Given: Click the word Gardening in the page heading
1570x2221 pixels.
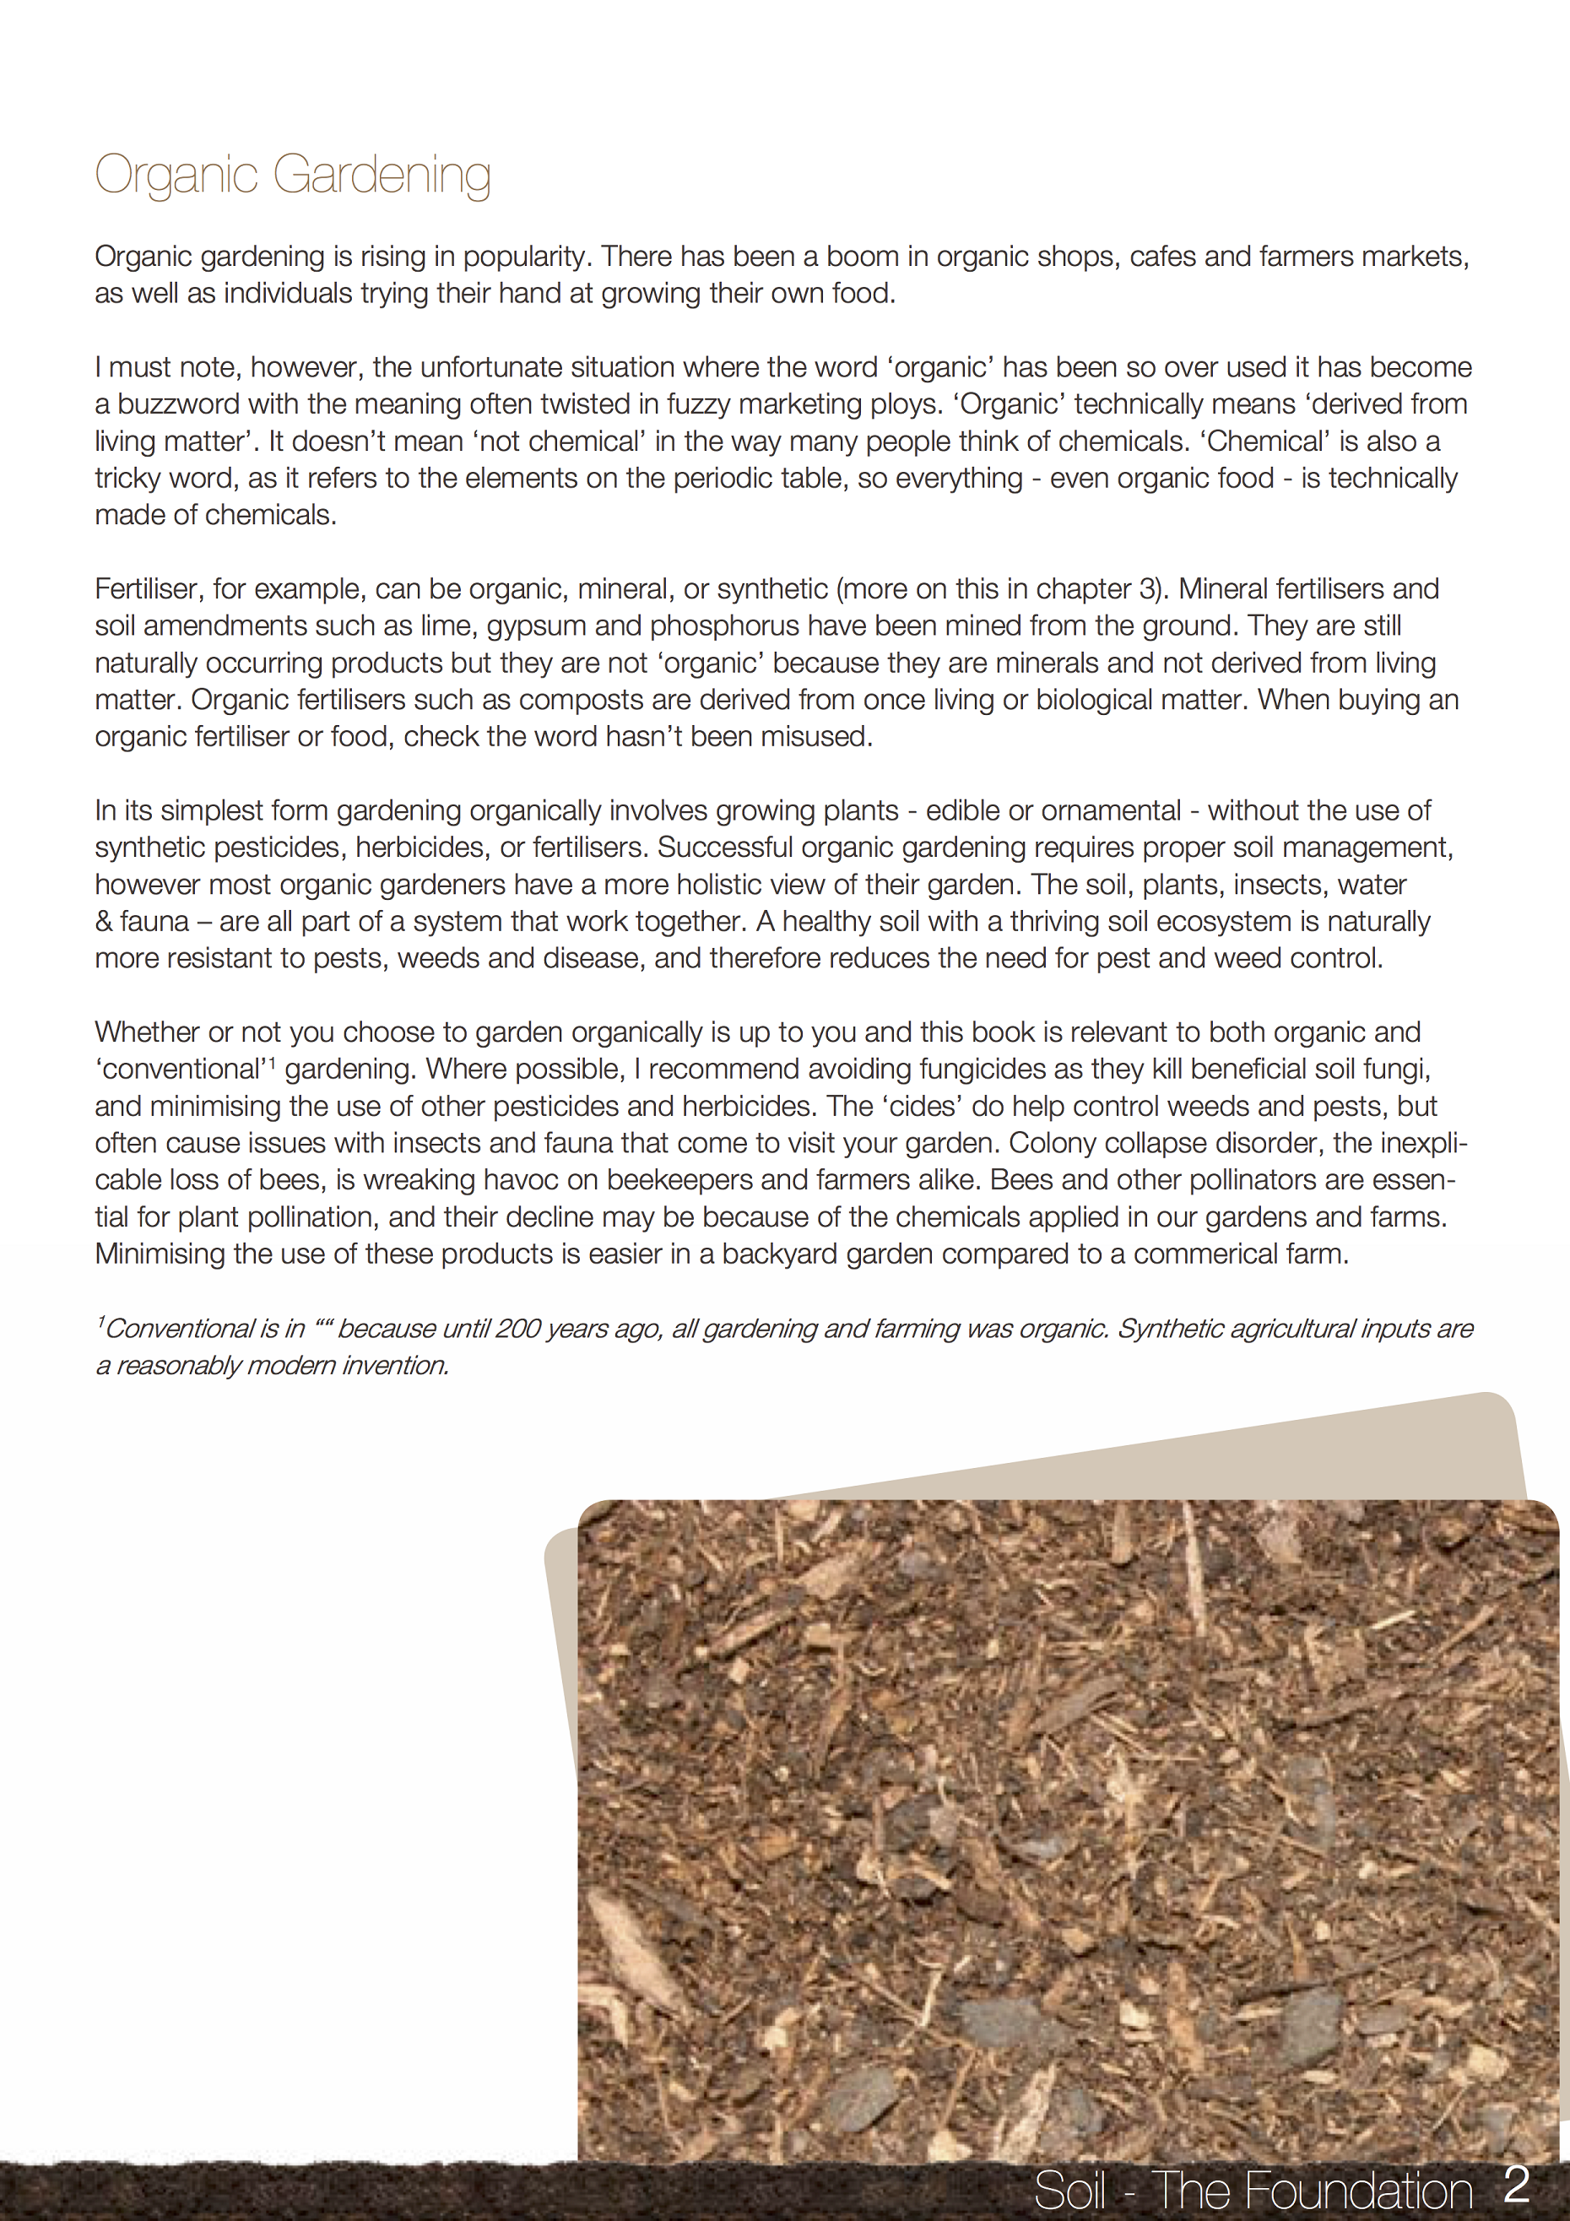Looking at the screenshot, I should (382, 176).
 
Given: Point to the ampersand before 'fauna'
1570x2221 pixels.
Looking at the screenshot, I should (104, 922).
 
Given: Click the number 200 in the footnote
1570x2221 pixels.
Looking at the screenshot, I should (517, 1329).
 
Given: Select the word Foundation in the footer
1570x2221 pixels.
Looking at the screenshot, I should (1312, 2191).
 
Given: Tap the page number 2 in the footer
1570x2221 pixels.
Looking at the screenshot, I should (1517, 2186).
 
